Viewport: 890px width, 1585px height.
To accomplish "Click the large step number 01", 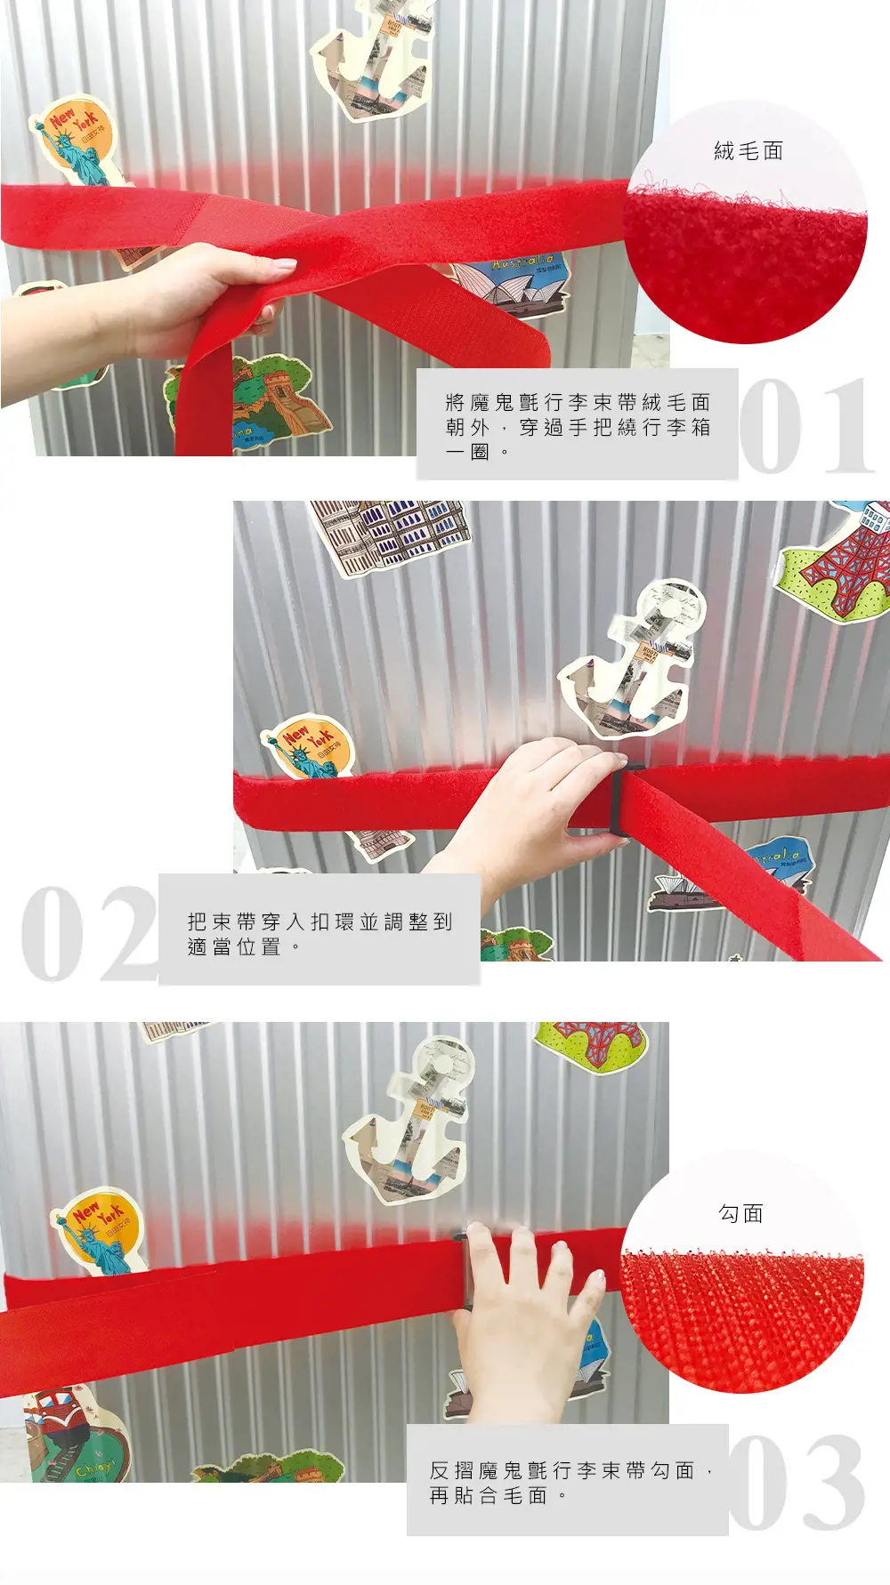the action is point(805,426).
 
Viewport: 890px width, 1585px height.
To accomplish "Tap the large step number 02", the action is point(89,933).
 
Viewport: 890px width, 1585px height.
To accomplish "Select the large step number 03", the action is point(797,1481).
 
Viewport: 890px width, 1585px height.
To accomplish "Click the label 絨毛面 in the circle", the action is point(748,151).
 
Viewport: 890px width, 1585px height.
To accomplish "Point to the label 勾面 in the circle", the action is point(740,1213).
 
